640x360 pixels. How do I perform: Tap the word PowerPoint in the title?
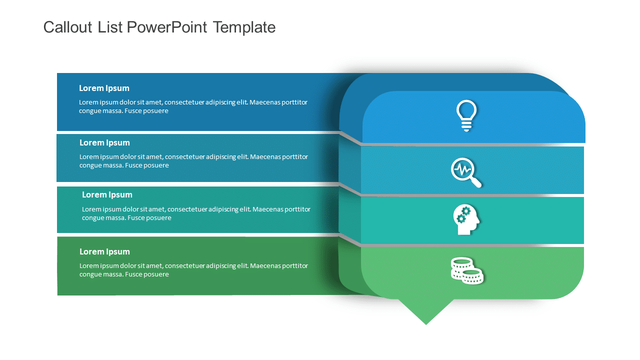point(166,27)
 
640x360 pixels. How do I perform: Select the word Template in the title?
point(244,27)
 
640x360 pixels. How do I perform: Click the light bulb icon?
point(466,115)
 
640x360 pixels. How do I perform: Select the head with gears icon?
point(466,219)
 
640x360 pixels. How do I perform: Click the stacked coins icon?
point(467,270)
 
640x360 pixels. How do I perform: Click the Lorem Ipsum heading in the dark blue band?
point(104,88)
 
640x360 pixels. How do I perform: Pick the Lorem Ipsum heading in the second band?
point(104,143)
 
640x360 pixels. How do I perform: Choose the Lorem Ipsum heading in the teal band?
point(107,195)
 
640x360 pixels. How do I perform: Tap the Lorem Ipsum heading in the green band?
point(104,252)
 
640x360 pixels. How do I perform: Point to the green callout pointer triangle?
point(426,311)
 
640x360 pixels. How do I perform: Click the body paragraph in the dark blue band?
point(193,106)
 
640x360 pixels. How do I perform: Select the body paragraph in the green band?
point(193,270)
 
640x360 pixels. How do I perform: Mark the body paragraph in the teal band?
point(196,213)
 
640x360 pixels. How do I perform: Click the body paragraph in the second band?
point(193,161)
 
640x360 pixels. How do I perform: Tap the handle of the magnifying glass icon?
point(476,182)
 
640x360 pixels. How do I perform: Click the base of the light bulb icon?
point(466,128)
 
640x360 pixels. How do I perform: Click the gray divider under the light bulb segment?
point(472,144)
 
